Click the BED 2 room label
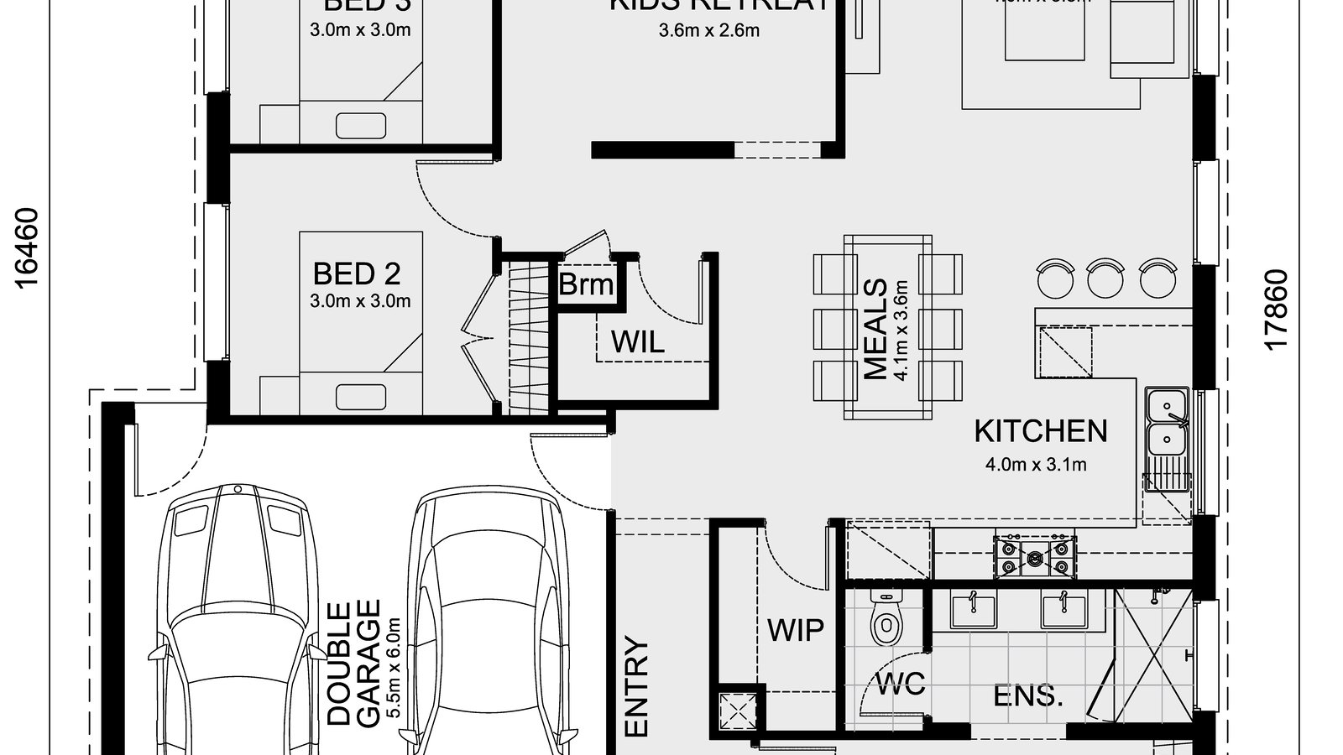pos(357,273)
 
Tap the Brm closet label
pos(586,284)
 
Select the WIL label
pos(637,341)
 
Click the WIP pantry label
pos(795,629)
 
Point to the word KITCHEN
pos(1041,431)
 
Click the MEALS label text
pos(875,330)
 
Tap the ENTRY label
pos(638,688)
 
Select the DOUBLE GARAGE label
pos(353,662)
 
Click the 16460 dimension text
pos(27,248)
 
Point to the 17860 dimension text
pos(1275,310)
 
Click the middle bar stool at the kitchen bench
pos(1105,278)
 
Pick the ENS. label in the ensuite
pos(1028,696)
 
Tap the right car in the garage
pos(489,621)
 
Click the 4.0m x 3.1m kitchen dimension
pos(1041,464)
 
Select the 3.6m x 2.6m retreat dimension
pos(709,31)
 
